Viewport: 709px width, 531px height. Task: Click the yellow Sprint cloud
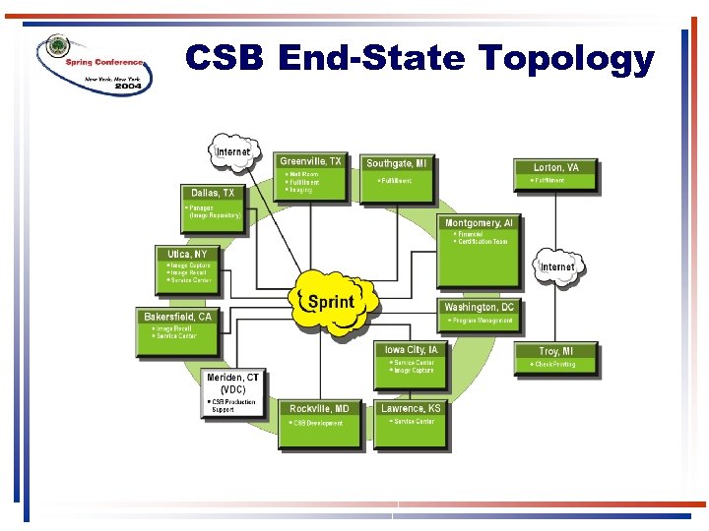pos(332,301)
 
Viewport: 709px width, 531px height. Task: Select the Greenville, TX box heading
pos(311,161)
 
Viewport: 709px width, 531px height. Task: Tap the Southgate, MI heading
pos(397,163)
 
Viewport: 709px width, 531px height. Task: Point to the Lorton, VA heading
pos(555,168)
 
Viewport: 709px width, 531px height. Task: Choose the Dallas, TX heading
pos(213,193)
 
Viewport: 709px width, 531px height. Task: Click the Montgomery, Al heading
pos(480,223)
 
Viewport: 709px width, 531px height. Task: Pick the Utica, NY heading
pos(187,254)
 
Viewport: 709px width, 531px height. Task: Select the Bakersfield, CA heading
pos(178,317)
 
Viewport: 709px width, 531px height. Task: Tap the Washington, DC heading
pos(480,308)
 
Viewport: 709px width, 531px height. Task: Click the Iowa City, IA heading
pos(413,349)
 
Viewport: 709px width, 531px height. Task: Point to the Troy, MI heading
pos(555,351)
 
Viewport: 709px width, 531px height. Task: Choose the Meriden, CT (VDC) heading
pos(233,383)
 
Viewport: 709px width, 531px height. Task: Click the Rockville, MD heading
pos(319,408)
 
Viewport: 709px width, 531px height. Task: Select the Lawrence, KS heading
pos(410,407)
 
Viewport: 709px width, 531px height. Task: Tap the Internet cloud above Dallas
pos(233,151)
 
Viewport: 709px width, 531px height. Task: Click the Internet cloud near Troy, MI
pos(557,266)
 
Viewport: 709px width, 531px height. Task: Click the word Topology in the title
pos(567,59)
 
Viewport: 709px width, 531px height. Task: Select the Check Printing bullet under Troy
pos(555,365)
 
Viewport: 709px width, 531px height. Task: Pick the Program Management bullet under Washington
pos(482,321)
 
